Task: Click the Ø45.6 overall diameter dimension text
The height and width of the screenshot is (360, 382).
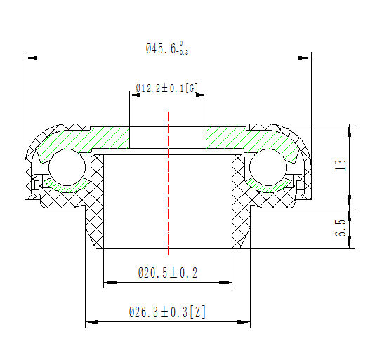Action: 167,48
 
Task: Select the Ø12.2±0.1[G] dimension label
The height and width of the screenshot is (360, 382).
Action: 166,88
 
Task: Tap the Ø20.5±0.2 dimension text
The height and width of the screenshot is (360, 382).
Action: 167,273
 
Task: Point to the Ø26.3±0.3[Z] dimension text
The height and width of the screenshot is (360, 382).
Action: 167,312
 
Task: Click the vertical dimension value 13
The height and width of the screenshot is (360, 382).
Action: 341,166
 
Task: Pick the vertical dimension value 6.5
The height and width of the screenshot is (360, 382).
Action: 341,229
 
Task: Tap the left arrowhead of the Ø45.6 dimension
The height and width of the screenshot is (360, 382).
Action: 29,58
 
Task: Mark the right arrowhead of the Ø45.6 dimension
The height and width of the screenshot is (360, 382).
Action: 306,58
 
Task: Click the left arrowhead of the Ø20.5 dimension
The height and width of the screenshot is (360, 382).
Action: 107,284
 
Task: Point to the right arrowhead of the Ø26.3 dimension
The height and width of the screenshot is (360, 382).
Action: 246,323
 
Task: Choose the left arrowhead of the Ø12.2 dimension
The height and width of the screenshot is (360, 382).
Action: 133,95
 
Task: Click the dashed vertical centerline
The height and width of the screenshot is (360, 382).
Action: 167,211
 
